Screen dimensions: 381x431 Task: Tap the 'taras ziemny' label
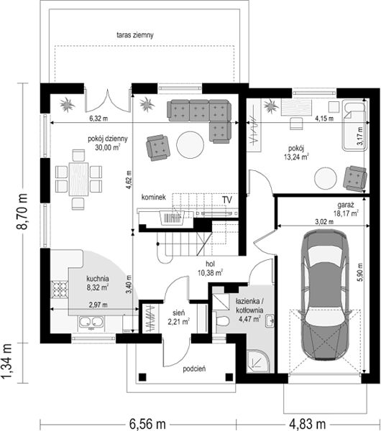[x=135, y=35]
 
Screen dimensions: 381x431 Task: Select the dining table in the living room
[x=78, y=179]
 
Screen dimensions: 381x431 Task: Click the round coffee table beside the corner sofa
[x=190, y=145]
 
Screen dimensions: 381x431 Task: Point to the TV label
[x=227, y=200]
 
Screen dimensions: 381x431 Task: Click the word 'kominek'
[x=154, y=197]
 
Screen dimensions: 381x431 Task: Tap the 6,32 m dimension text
[x=98, y=119]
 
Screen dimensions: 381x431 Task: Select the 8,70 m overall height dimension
[x=22, y=212]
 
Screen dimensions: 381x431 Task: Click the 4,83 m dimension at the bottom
[x=308, y=425]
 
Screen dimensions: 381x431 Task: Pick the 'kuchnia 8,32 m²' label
[x=98, y=283]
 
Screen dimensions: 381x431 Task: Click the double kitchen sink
[x=91, y=322]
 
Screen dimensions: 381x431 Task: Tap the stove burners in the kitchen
[x=60, y=289]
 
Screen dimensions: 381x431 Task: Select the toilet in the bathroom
[x=222, y=320]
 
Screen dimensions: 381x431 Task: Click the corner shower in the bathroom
[x=257, y=361]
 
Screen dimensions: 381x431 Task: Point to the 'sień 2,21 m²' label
[x=178, y=317]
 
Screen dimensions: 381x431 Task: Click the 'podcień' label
[x=194, y=369]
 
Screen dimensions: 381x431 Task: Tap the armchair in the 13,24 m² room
[x=355, y=178]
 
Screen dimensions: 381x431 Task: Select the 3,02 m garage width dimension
[x=324, y=221]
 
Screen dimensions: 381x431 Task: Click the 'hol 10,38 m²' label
[x=210, y=269]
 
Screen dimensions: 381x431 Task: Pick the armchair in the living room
[x=157, y=147]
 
